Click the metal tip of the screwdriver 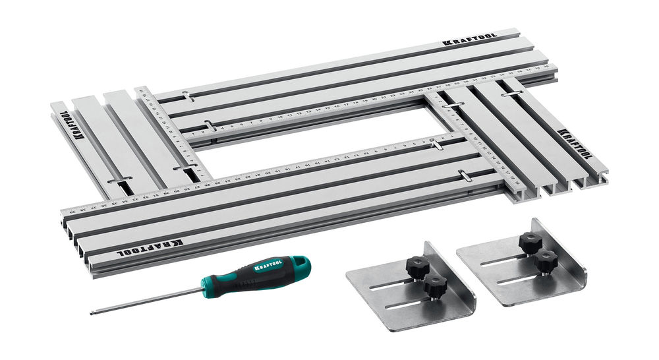point(93,313)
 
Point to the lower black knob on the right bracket point(546,262)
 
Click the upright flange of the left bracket point(455,278)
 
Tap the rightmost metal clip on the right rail point(512,94)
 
